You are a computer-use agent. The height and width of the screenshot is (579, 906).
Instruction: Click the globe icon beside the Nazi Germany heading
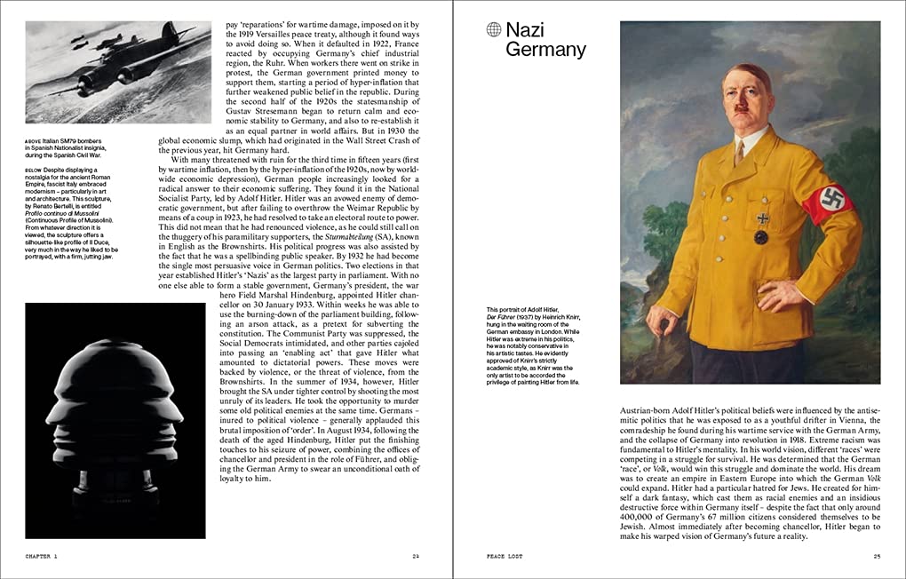point(494,30)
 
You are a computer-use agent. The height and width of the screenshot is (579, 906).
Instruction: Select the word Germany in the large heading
point(545,50)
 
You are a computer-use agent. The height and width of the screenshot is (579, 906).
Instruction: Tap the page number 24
point(415,557)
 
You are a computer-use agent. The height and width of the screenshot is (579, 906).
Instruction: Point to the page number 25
point(876,557)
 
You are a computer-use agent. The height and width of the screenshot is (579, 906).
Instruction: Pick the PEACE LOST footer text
point(505,557)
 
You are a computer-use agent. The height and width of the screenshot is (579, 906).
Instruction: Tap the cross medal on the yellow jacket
point(761,218)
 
